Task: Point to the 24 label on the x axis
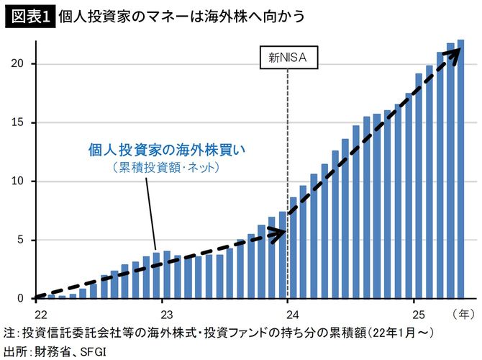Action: tap(288, 314)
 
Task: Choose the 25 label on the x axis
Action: tap(413, 314)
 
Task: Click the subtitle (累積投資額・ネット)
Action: tap(165, 168)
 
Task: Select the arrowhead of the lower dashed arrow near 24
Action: tap(281, 232)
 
